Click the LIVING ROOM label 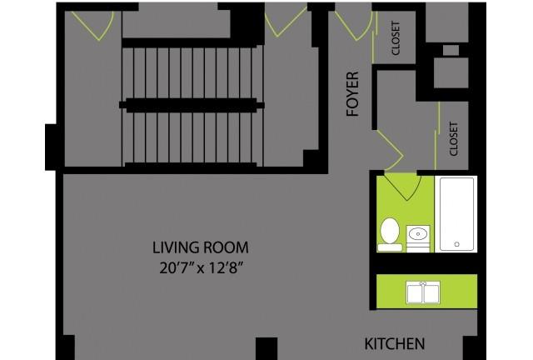pos(201,247)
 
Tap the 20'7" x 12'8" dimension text pos(202,268)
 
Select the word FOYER pos(352,94)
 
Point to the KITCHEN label pos(395,343)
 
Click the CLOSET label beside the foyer pos(396,38)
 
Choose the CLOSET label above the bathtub pos(454,139)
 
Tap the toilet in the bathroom pos(390,235)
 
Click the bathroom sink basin pos(418,234)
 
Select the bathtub pos(456,214)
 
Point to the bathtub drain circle pos(457,244)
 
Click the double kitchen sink pos(423,292)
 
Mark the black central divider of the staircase pos(192,105)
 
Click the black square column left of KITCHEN pos(266,348)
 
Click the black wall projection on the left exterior pos(51,147)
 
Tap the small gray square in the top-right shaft pos(451,50)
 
